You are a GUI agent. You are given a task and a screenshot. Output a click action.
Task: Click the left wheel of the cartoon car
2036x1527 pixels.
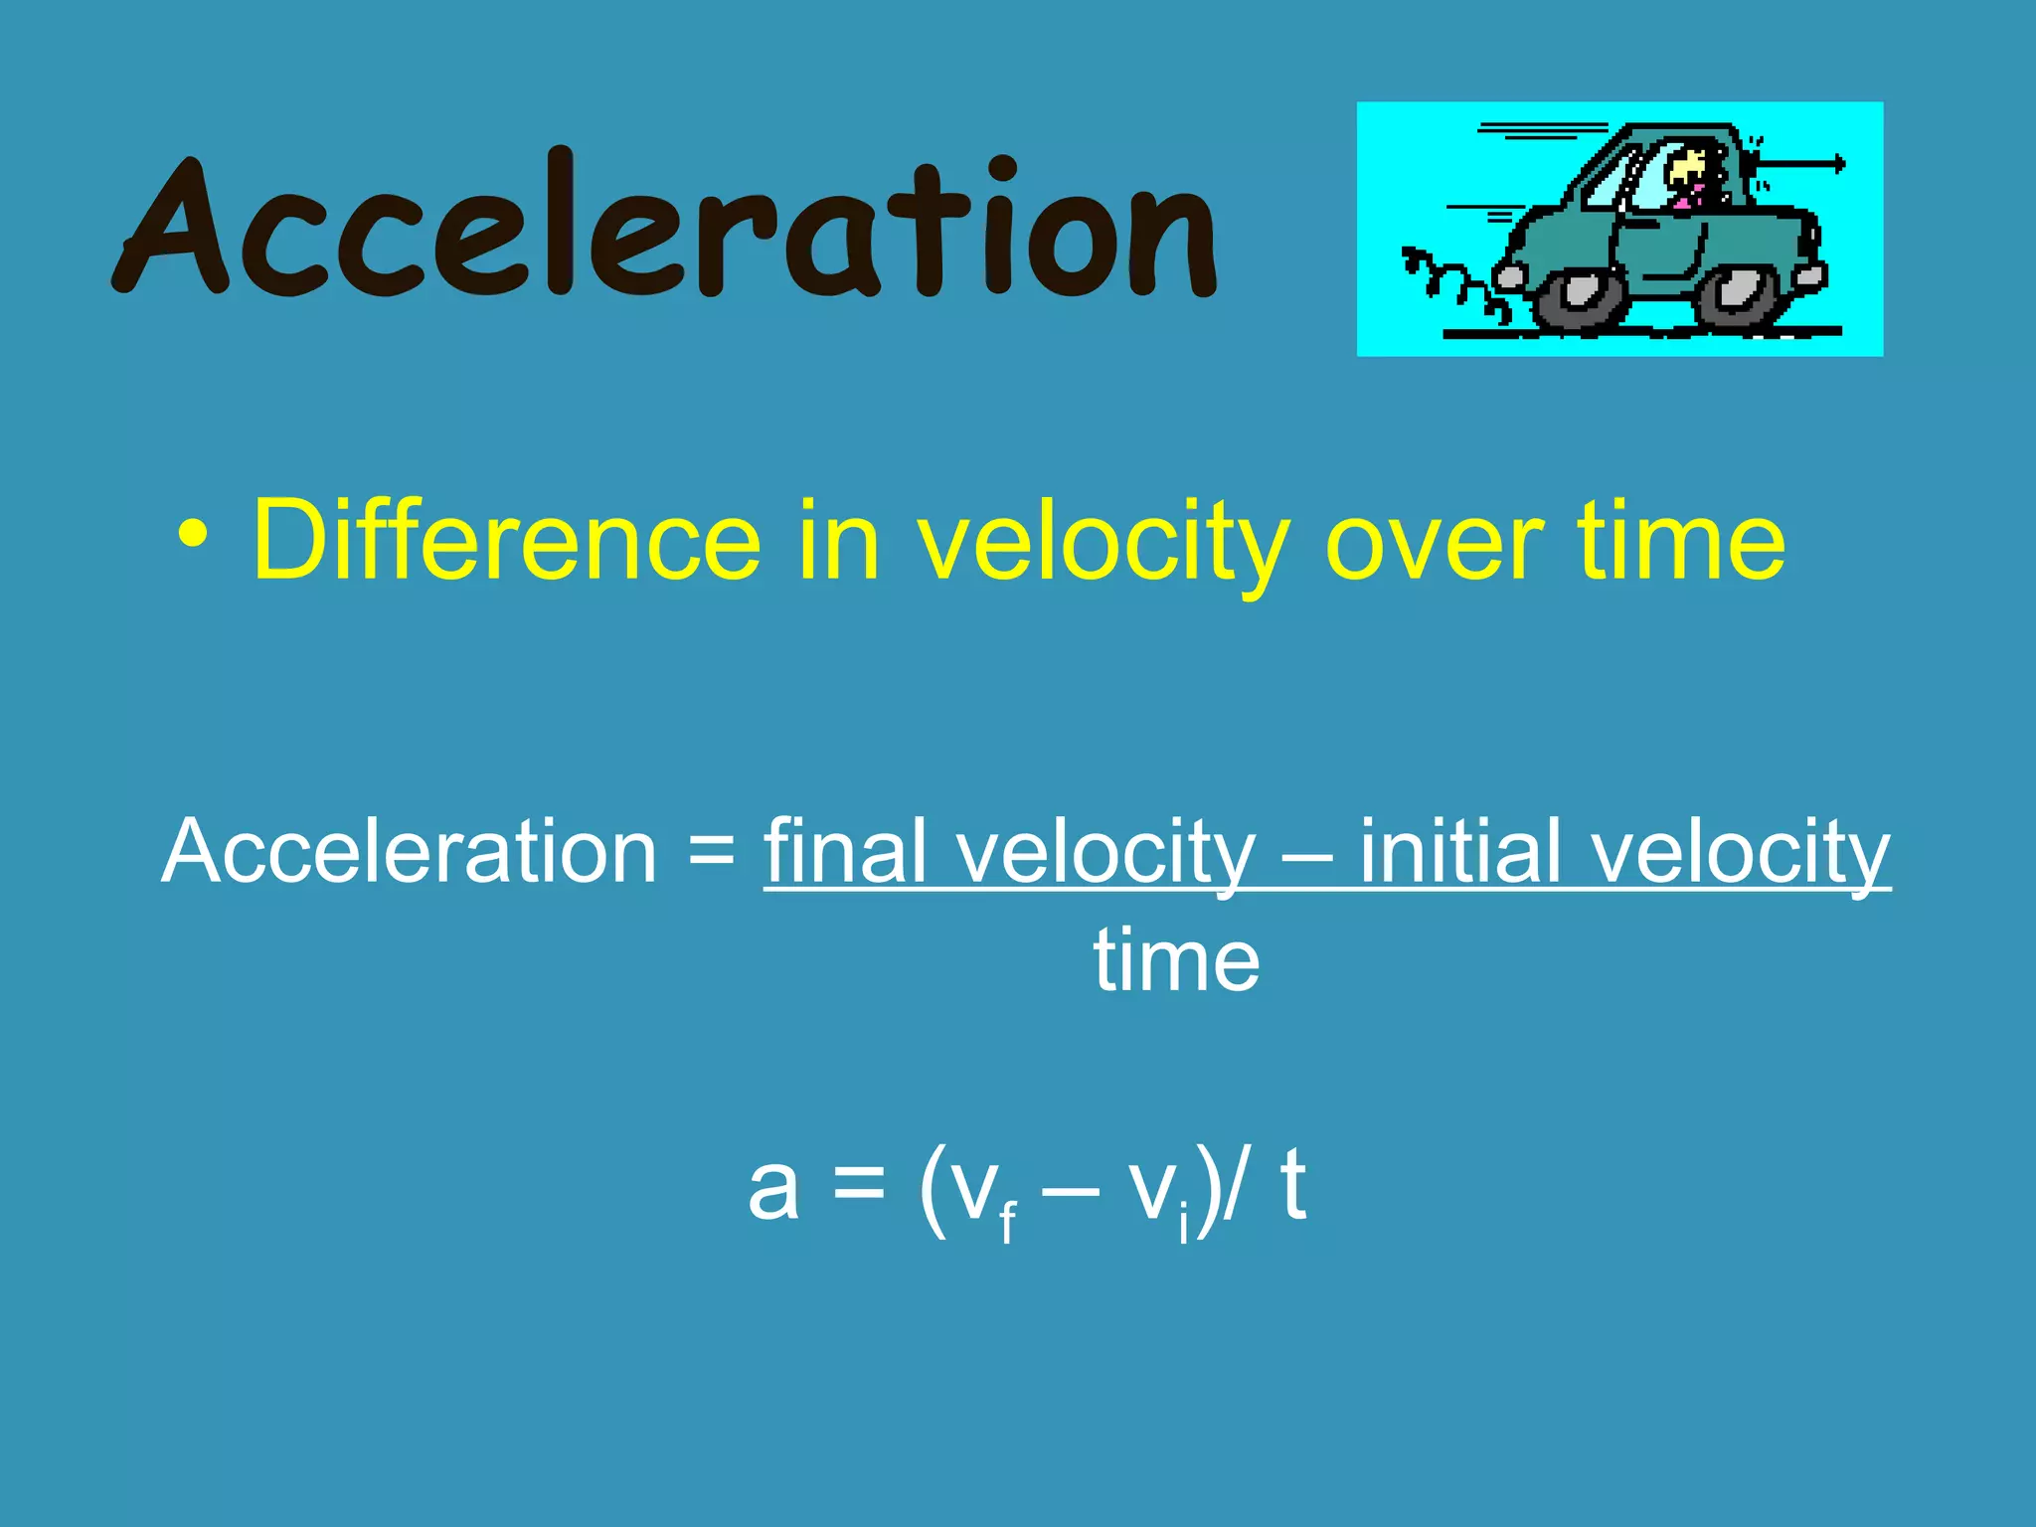point(1579,297)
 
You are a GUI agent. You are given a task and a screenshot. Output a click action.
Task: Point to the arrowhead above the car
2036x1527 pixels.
point(1839,164)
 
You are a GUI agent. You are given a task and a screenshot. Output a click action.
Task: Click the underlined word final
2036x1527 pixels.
point(845,852)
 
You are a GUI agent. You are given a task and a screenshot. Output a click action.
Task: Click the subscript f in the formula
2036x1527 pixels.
point(1008,1222)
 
